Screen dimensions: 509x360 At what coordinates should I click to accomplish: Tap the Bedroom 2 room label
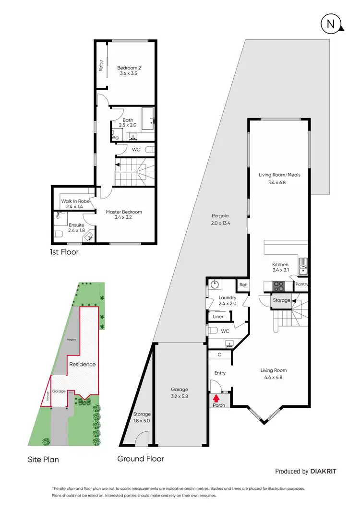click(x=129, y=68)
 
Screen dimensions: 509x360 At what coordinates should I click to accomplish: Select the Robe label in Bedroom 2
click(x=101, y=65)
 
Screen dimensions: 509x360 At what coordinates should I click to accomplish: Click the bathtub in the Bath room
click(x=146, y=116)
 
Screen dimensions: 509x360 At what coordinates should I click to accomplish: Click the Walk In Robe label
click(x=75, y=201)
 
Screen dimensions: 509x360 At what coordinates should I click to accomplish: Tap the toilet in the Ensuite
click(x=57, y=234)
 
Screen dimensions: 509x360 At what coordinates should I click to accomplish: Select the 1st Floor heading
click(x=64, y=251)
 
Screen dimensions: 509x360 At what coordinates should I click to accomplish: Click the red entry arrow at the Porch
click(x=216, y=397)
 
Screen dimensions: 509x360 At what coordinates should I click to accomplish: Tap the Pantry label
click(x=302, y=284)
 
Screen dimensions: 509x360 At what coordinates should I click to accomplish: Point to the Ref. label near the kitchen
click(x=243, y=285)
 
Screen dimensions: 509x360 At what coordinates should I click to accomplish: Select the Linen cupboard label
click(x=218, y=317)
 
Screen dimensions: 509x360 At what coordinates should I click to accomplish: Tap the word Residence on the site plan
click(x=83, y=364)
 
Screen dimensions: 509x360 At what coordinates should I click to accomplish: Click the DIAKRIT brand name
click(x=324, y=472)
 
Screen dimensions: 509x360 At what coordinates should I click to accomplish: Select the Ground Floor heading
click(x=141, y=459)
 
